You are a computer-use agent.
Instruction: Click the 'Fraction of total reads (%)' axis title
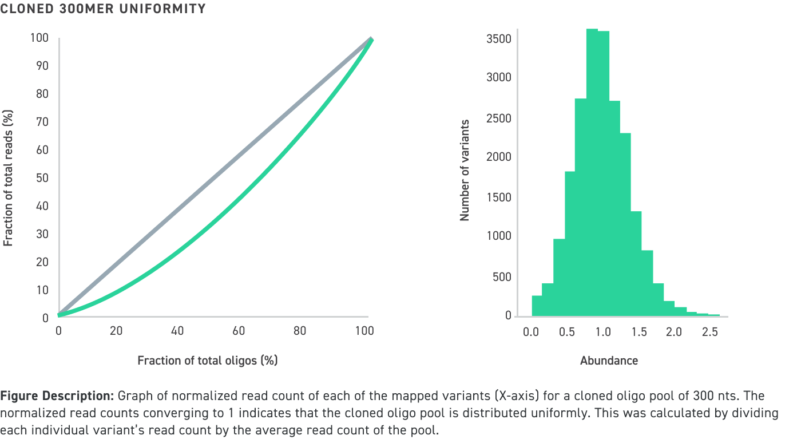pos(8,178)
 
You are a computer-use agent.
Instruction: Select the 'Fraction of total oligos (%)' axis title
pos(207,361)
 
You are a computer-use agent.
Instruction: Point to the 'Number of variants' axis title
pos(465,170)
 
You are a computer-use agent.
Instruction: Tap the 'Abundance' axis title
pos(609,361)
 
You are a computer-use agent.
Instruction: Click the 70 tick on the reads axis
pos(42,122)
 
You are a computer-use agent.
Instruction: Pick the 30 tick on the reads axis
pos(42,234)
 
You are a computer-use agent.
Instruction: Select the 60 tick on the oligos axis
pos(239,331)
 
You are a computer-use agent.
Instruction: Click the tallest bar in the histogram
pos(592,172)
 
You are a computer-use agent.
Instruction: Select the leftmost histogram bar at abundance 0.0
pos(537,306)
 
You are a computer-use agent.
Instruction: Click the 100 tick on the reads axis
pos(40,38)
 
